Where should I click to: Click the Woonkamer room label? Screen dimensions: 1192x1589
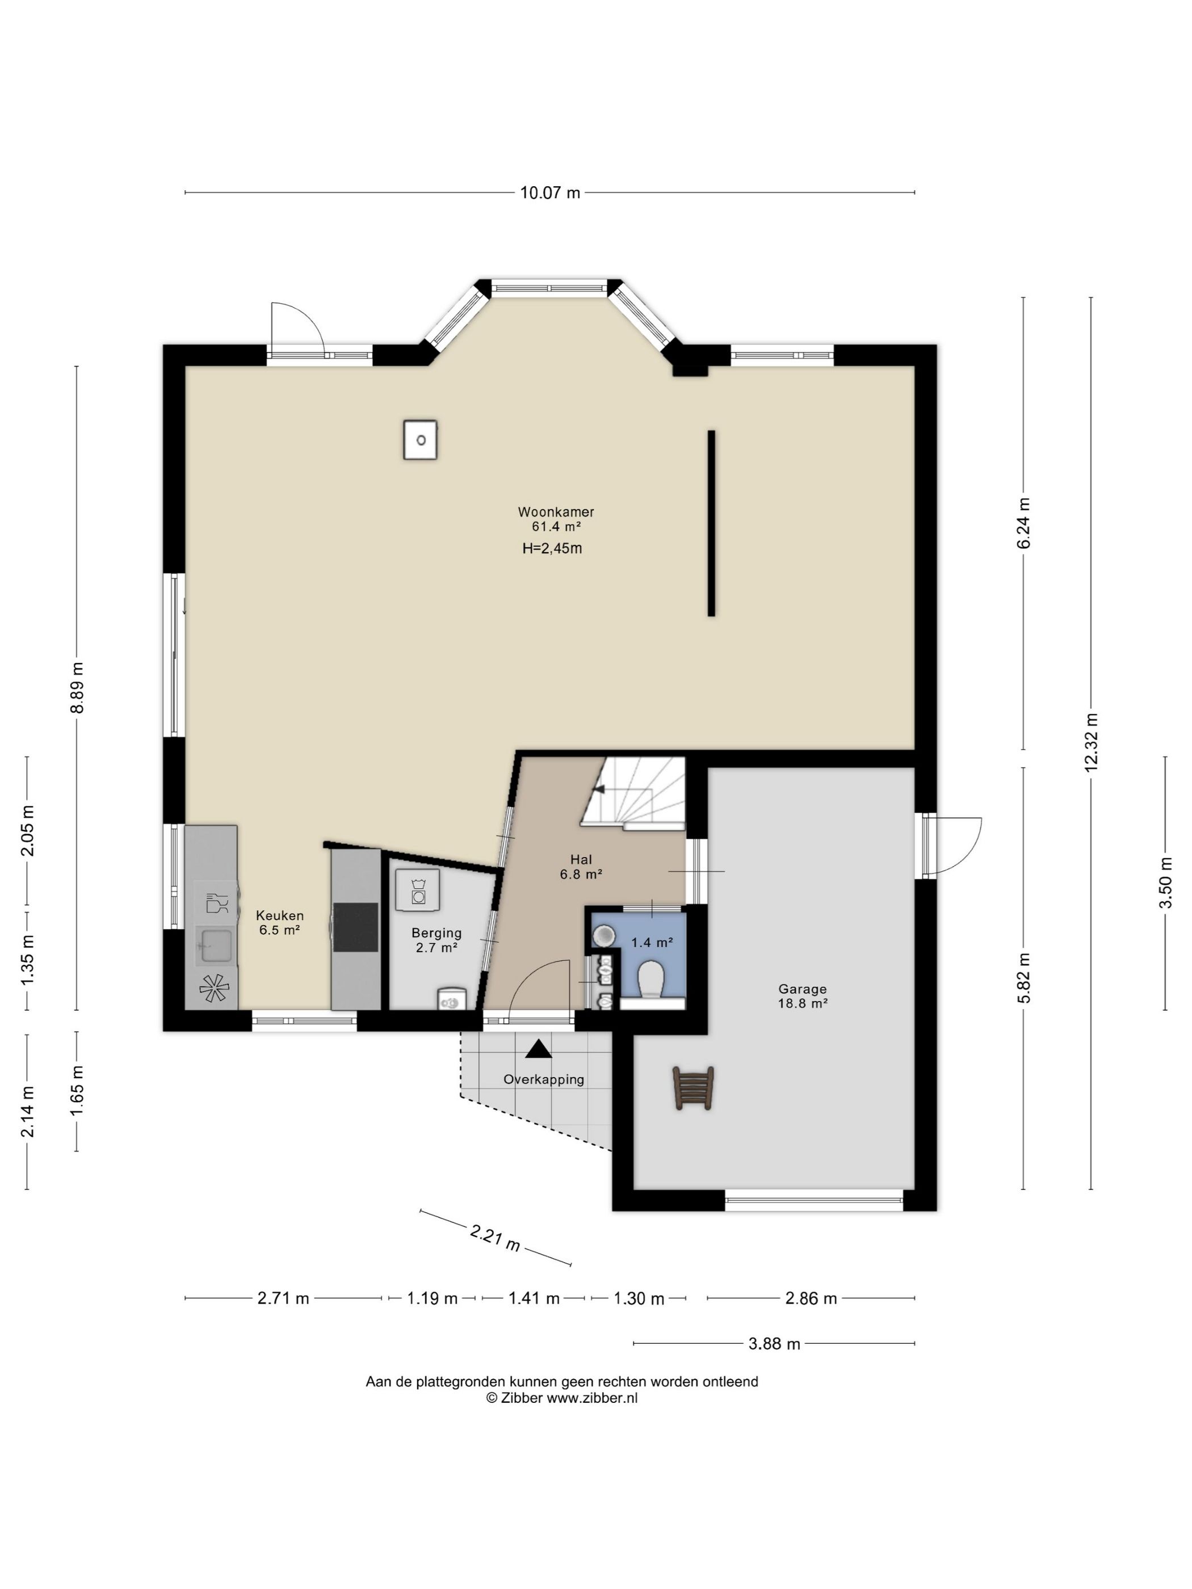[x=555, y=512]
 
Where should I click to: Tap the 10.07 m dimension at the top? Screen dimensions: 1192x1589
[x=549, y=192]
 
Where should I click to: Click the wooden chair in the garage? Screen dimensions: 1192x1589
[x=694, y=1088]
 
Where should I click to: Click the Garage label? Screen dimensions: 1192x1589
[x=803, y=989]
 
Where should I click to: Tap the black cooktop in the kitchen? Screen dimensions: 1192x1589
[x=355, y=927]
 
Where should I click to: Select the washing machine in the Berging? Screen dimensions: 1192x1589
[x=417, y=890]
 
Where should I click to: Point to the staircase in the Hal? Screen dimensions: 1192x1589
[x=633, y=792]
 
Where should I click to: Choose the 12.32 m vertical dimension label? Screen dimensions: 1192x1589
[x=1092, y=743]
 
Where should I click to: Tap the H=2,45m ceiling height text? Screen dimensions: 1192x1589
[x=552, y=549]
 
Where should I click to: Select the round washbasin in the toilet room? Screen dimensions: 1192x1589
[x=605, y=935]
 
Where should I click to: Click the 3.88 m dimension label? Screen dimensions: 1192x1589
[x=774, y=1343]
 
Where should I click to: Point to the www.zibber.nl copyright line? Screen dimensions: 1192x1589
[x=562, y=1398]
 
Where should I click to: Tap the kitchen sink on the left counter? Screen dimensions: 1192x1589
[x=213, y=946]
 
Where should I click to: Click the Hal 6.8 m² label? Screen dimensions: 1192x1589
[x=581, y=867]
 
